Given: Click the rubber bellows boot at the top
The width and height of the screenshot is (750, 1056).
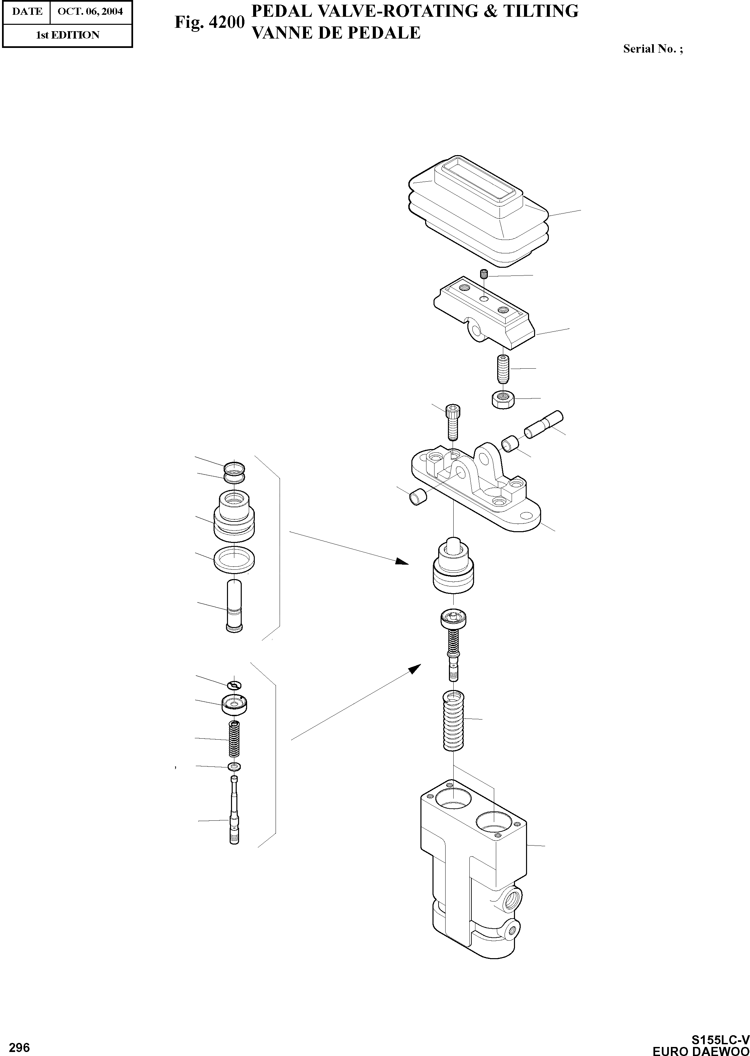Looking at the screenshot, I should (x=478, y=210).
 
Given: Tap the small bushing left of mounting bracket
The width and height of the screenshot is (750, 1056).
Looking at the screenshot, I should (x=417, y=498).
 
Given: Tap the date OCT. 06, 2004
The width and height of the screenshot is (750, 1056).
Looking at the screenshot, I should (x=90, y=11).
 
